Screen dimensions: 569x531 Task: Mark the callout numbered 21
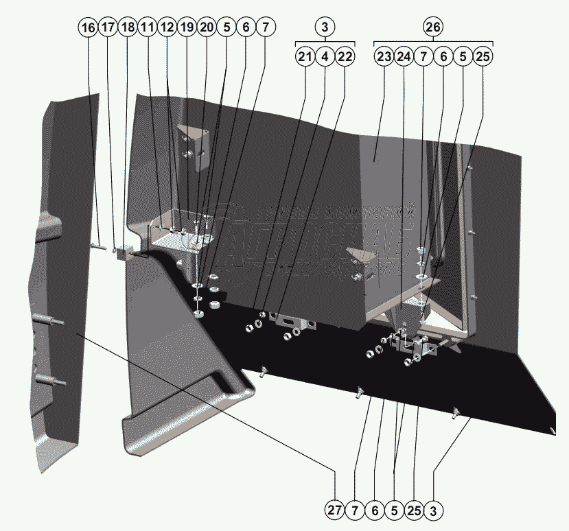click(305, 57)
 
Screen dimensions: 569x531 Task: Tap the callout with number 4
click(325, 57)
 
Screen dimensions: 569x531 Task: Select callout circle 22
click(345, 57)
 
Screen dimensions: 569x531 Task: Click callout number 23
click(384, 57)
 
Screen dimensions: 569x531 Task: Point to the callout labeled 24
click(404, 57)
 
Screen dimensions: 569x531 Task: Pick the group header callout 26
click(433, 27)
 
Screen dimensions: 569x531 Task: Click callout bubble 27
click(334, 510)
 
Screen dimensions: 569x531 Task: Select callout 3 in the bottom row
click(434, 510)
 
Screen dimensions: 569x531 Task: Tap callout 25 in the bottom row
click(414, 510)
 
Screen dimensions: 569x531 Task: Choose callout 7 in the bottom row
click(354, 510)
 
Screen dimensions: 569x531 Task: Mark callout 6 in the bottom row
click(374, 510)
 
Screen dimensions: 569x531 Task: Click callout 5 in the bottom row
click(394, 510)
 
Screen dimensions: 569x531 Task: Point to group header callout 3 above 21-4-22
click(325, 27)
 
